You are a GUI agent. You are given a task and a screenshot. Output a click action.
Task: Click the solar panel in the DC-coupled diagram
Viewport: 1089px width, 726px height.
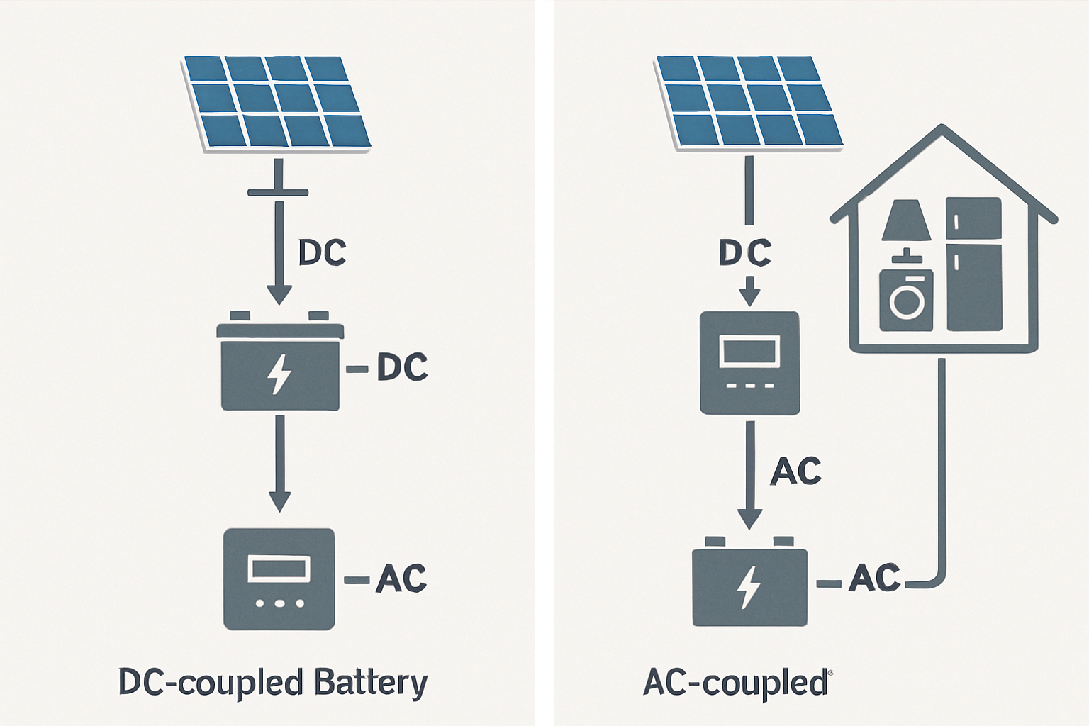pos(277,103)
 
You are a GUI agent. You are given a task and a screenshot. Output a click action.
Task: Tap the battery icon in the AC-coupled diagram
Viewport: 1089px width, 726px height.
pos(749,585)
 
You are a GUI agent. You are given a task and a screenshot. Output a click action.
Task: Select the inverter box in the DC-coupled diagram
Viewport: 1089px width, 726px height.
pos(279,579)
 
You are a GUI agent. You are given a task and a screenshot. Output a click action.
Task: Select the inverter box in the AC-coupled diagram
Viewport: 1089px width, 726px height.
pos(749,362)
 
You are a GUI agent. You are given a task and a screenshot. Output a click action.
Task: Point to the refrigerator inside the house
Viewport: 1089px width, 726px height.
pos(973,264)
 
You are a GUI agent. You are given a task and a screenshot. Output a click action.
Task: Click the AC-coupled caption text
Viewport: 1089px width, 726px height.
pos(735,683)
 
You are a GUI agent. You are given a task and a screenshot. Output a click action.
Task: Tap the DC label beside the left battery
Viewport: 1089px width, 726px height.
pos(402,367)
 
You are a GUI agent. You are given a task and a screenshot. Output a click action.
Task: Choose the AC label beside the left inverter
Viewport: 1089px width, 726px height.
pos(401,579)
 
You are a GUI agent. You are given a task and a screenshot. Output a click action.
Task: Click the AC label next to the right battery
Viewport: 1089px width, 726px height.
pos(874,578)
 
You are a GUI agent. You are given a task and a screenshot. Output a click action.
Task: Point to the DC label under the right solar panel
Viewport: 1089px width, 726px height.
pos(745,253)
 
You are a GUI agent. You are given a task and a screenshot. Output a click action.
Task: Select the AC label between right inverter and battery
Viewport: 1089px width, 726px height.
pos(795,471)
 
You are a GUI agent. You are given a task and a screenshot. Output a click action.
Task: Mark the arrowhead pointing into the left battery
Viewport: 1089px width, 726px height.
pos(279,294)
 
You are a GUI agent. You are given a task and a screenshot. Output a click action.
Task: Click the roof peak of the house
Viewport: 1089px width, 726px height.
pos(942,129)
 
